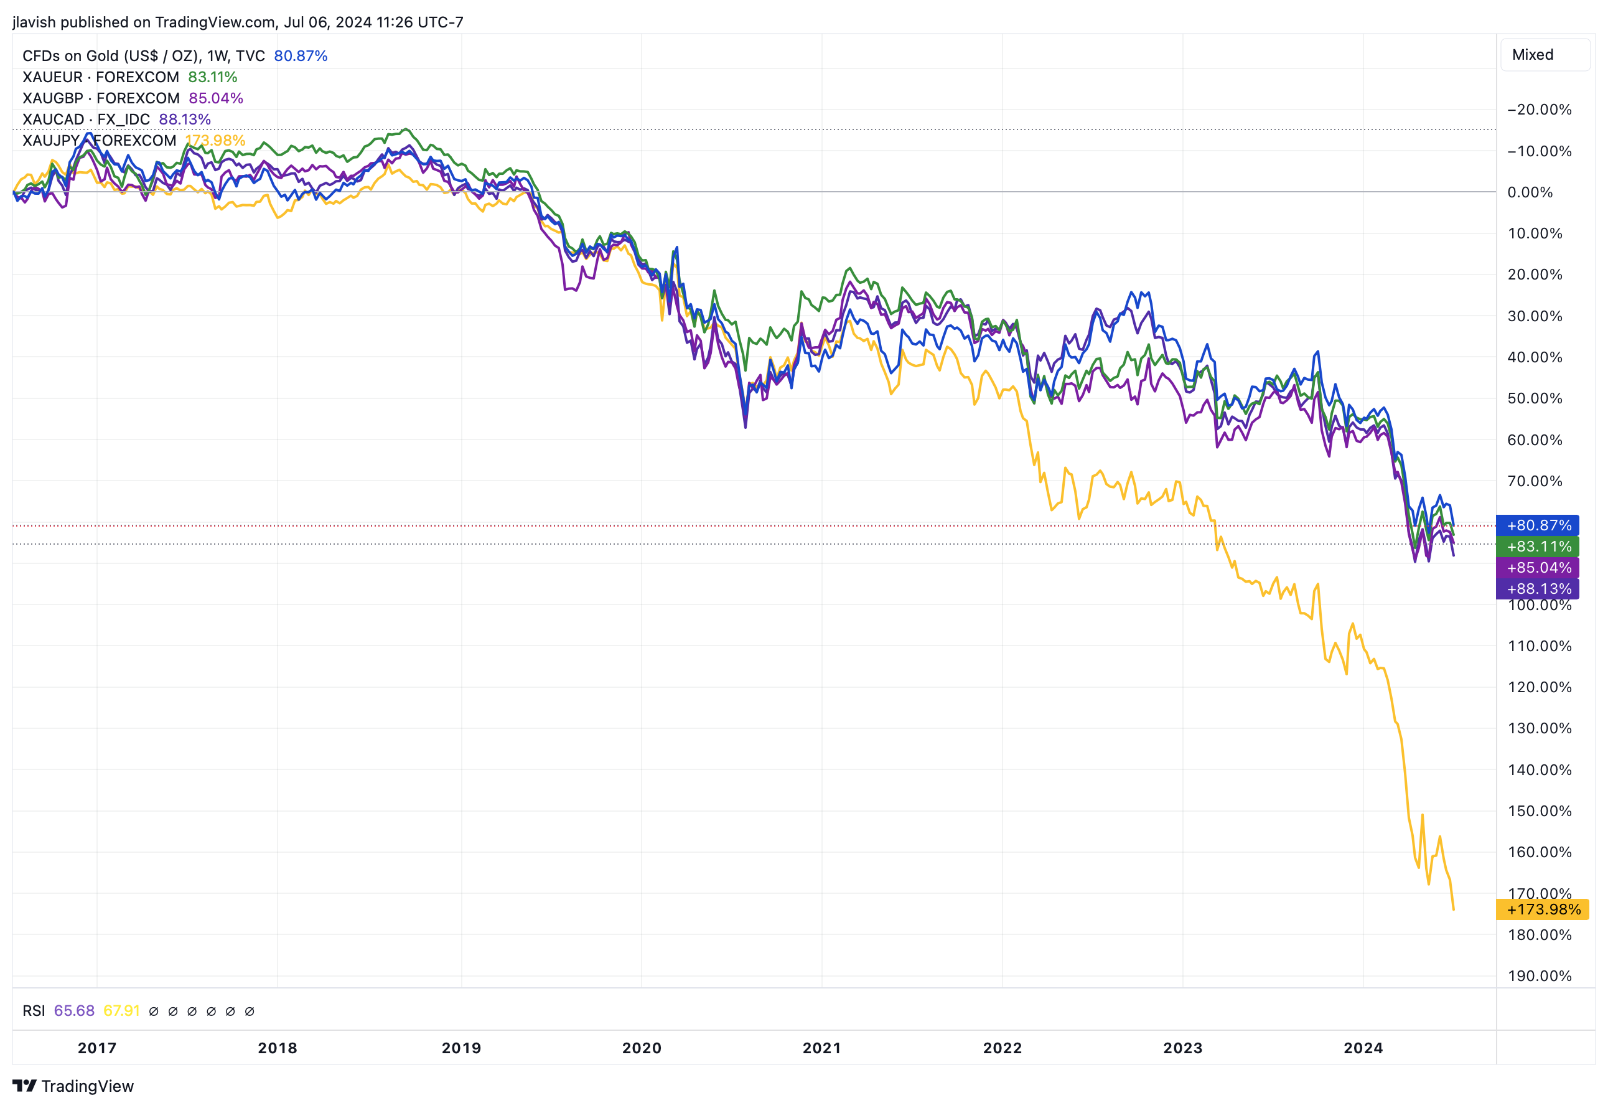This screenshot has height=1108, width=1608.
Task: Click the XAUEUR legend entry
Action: pos(101,77)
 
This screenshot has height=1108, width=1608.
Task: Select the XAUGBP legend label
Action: pos(101,98)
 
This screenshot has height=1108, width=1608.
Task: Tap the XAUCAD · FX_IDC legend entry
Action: pos(86,120)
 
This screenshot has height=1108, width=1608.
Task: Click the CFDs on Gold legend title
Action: pos(144,55)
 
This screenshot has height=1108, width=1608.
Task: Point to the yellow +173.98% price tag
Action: pos(1543,909)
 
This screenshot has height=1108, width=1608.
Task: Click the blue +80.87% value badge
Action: pos(1538,525)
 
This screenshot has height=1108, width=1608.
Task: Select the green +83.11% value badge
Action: pos(1538,547)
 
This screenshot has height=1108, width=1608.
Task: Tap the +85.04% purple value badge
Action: pos(1538,568)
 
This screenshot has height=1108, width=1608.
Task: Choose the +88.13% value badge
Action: pos(1538,589)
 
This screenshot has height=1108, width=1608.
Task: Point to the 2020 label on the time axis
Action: pos(641,1048)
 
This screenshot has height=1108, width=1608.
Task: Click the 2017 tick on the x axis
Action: pos(97,1048)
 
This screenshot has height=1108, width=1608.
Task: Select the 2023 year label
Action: pos(1182,1048)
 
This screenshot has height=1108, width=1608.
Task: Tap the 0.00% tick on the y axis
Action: pos(1530,192)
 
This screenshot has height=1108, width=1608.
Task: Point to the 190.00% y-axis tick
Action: pos(1540,976)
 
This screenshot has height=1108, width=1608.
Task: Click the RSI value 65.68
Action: pos(74,1011)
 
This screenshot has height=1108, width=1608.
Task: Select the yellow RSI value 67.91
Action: pos(121,1011)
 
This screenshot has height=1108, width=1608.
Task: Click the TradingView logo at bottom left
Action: pos(73,1086)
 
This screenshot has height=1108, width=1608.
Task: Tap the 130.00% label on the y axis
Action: pos(1540,728)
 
